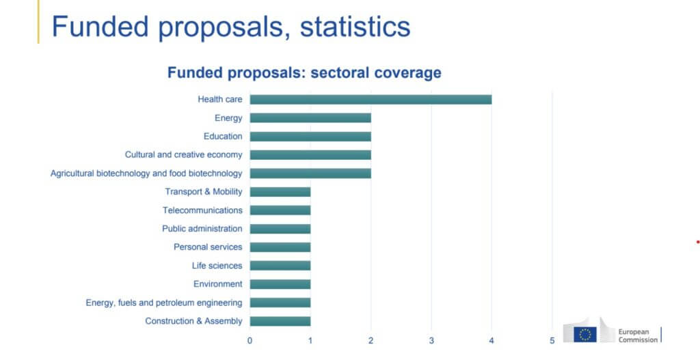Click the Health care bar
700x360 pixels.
pos(371,100)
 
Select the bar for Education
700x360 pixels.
pos(310,137)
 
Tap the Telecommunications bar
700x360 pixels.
pos(280,210)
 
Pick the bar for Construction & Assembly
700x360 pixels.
pos(280,321)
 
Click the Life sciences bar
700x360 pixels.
pos(280,266)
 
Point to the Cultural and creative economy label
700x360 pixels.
pos(183,155)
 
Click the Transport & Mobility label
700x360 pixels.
pos(204,192)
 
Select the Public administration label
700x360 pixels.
pos(202,229)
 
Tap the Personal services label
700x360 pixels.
pos(208,247)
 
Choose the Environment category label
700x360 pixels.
pos(217,284)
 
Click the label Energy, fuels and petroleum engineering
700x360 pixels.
pos(164,303)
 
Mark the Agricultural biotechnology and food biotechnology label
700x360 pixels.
pos(146,174)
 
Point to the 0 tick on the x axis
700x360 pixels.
pos(250,340)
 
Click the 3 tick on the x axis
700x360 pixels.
pos(431,340)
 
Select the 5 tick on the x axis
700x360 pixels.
pos(552,340)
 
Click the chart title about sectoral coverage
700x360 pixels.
pos(304,72)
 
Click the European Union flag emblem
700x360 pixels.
pos(585,334)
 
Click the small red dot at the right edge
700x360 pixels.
pos(697,241)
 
